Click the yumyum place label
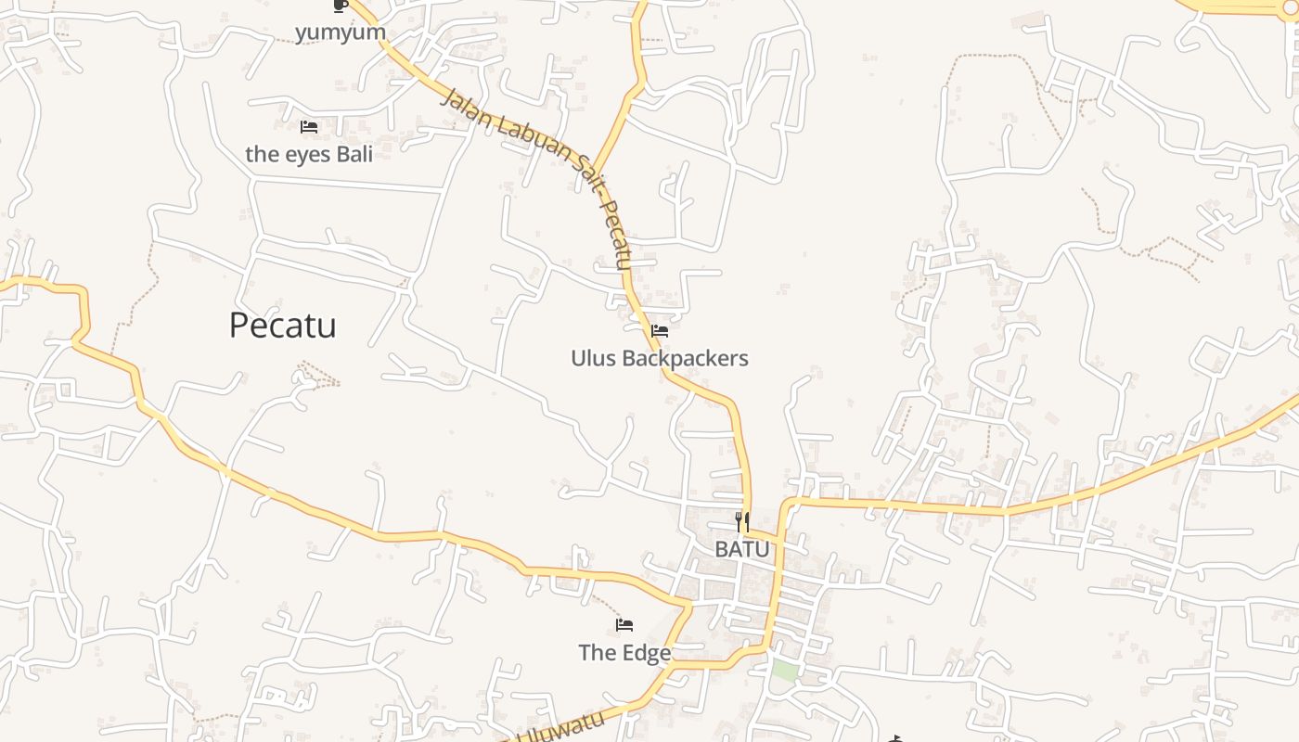pos(340,32)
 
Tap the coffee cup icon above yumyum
pos(340,6)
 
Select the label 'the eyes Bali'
pos(309,154)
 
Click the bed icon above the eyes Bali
pos(309,127)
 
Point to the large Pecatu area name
pos(282,326)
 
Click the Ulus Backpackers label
pos(660,358)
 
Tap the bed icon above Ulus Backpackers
pos(660,330)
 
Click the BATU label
pos(742,549)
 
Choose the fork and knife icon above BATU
pos(742,522)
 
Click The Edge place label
pos(624,653)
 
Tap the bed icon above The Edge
pos(624,625)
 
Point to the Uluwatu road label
pos(560,726)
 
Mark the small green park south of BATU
pos(785,671)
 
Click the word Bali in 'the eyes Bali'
pos(354,154)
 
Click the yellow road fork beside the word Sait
pos(593,174)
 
